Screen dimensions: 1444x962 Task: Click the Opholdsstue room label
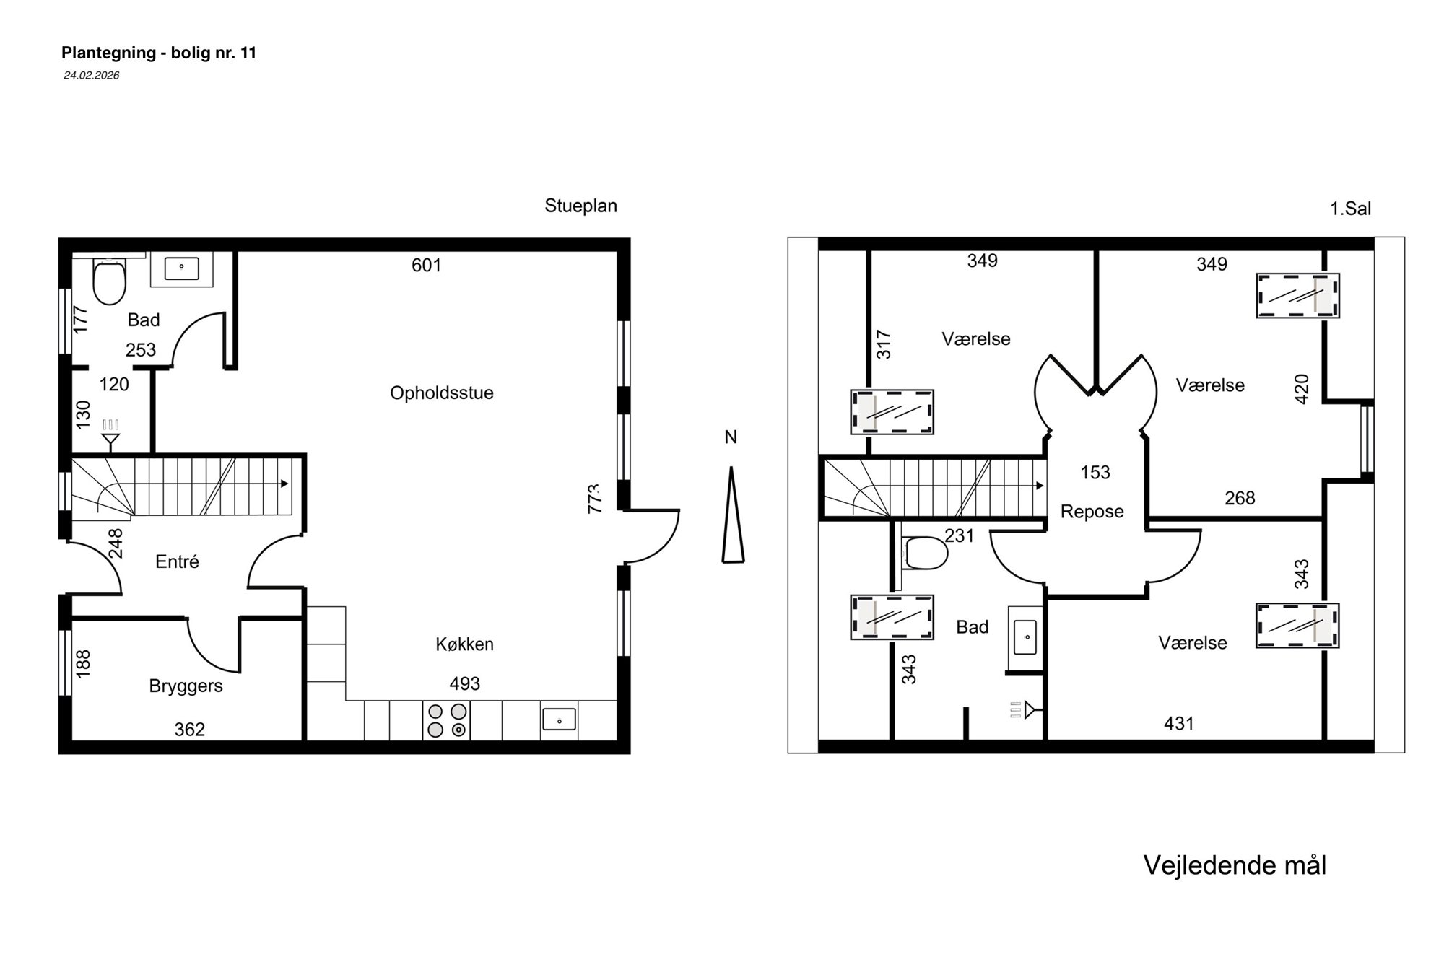coord(442,393)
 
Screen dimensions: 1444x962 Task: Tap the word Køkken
coord(464,644)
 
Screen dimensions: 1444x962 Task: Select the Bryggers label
coord(186,686)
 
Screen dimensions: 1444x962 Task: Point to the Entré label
coord(177,561)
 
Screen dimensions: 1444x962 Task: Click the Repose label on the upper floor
coord(1092,512)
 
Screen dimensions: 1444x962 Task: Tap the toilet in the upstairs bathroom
coord(925,553)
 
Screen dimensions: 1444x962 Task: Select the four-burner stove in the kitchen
coord(446,720)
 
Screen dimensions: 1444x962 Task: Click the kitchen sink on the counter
coord(559,720)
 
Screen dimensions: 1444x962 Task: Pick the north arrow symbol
coord(732,515)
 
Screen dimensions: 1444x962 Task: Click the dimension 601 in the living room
coord(426,266)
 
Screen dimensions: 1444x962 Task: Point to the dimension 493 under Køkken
coord(464,683)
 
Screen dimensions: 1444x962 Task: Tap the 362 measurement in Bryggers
coord(189,730)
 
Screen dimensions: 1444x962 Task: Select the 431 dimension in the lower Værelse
coord(1178,723)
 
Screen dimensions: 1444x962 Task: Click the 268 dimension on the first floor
coord(1240,498)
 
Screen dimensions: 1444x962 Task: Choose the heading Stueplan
coord(580,206)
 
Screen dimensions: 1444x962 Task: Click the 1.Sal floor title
coord(1350,209)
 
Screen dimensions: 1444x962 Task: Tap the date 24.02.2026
coord(91,75)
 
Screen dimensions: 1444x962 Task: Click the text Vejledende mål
coord(1235,865)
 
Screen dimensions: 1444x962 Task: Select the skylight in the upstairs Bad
coord(892,618)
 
